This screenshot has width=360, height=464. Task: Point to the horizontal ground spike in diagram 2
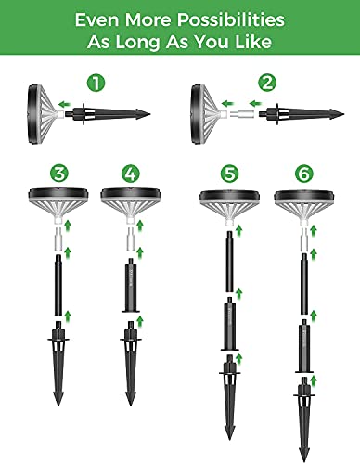[x=302, y=114]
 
